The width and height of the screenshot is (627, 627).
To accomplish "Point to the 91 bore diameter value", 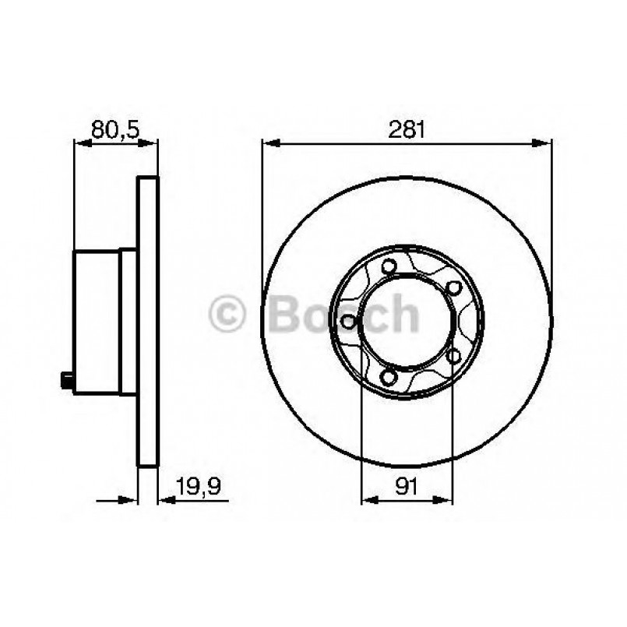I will (x=407, y=488).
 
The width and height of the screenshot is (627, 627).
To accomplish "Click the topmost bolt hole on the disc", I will (x=387, y=267).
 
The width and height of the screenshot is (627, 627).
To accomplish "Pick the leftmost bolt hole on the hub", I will (x=350, y=322).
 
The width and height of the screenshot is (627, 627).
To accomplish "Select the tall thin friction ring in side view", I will (x=148, y=322).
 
